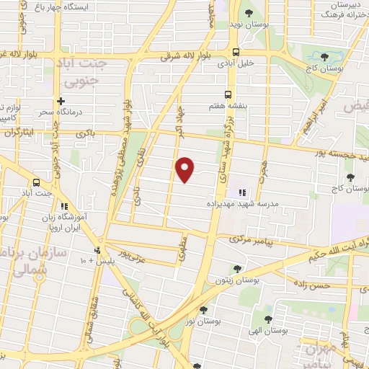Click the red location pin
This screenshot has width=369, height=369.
click(185, 169)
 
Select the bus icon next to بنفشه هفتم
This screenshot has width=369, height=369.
click(228, 94)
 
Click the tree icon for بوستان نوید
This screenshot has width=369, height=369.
click(248, 13)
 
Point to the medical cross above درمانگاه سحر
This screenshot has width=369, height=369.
click(61, 102)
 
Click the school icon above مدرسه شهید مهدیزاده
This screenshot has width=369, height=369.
click(242, 192)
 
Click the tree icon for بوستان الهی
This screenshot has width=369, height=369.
click(268, 319)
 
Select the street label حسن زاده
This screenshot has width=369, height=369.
click(311, 285)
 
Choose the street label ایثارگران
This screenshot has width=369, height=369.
click(19, 133)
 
